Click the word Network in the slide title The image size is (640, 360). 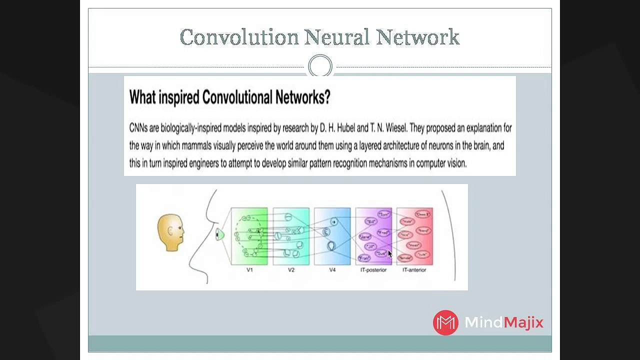(417, 37)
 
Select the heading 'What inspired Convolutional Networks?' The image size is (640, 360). (229, 97)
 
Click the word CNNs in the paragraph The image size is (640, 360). (138, 128)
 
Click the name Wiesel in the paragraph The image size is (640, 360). (395, 128)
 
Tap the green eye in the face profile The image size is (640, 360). (219, 234)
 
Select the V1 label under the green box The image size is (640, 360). (249, 270)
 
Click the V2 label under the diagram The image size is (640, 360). (291, 270)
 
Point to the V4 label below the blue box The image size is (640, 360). (332, 270)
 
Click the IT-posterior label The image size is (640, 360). (373, 270)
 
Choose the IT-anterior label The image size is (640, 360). (414, 270)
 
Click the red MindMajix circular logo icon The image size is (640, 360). (445, 322)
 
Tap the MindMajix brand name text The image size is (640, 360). (503, 322)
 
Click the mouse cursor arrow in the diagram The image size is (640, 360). (390, 253)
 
